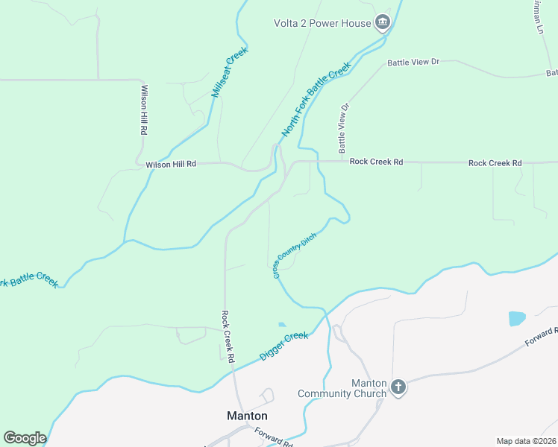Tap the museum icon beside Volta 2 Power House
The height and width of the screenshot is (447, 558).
click(383, 22)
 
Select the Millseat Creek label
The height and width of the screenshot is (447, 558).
click(229, 72)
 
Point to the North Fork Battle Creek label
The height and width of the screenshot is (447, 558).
click(316, 100)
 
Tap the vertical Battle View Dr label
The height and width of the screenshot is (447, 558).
click(344, 126)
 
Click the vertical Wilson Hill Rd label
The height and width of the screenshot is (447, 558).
click(143, 110)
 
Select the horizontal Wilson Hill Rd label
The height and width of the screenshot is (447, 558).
click(170, 164)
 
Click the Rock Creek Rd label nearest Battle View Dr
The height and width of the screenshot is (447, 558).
click(376, 162)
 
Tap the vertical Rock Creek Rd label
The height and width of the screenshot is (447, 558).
click(229, 337)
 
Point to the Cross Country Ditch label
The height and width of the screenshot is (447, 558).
click(295, 256)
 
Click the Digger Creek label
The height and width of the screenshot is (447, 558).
click(284, 346)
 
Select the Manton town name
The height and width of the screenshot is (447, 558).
click(247, 416)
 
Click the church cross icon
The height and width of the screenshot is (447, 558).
click(398, 387)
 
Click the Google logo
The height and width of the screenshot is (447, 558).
click(25, 438)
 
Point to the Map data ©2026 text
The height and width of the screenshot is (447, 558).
click(526, 441)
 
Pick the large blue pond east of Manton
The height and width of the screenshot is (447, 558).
click(516, 318)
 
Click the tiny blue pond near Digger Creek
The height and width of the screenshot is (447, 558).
click(281, 324)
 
